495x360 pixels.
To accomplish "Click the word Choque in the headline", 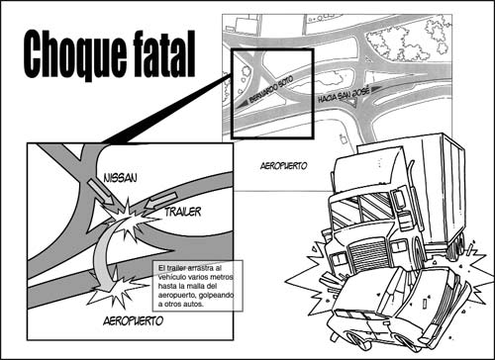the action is [75, 54].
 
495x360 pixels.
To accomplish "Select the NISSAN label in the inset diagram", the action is [120, 178].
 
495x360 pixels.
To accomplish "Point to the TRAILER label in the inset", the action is [183, 212].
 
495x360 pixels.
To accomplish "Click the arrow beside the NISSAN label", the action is [101, 192].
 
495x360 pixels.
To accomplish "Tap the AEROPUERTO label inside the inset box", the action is [133, 320].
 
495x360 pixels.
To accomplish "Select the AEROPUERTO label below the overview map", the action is [284, 166].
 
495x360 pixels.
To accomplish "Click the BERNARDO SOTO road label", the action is [271, 89].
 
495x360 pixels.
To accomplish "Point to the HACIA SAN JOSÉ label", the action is [344, 94].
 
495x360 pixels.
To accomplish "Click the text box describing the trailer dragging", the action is [197, 286].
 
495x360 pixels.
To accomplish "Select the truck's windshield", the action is [362, 209].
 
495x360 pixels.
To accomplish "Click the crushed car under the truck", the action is [396, 309].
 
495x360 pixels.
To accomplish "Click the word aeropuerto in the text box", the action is [174, 295].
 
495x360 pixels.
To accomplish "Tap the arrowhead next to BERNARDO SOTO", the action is [242, 104].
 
